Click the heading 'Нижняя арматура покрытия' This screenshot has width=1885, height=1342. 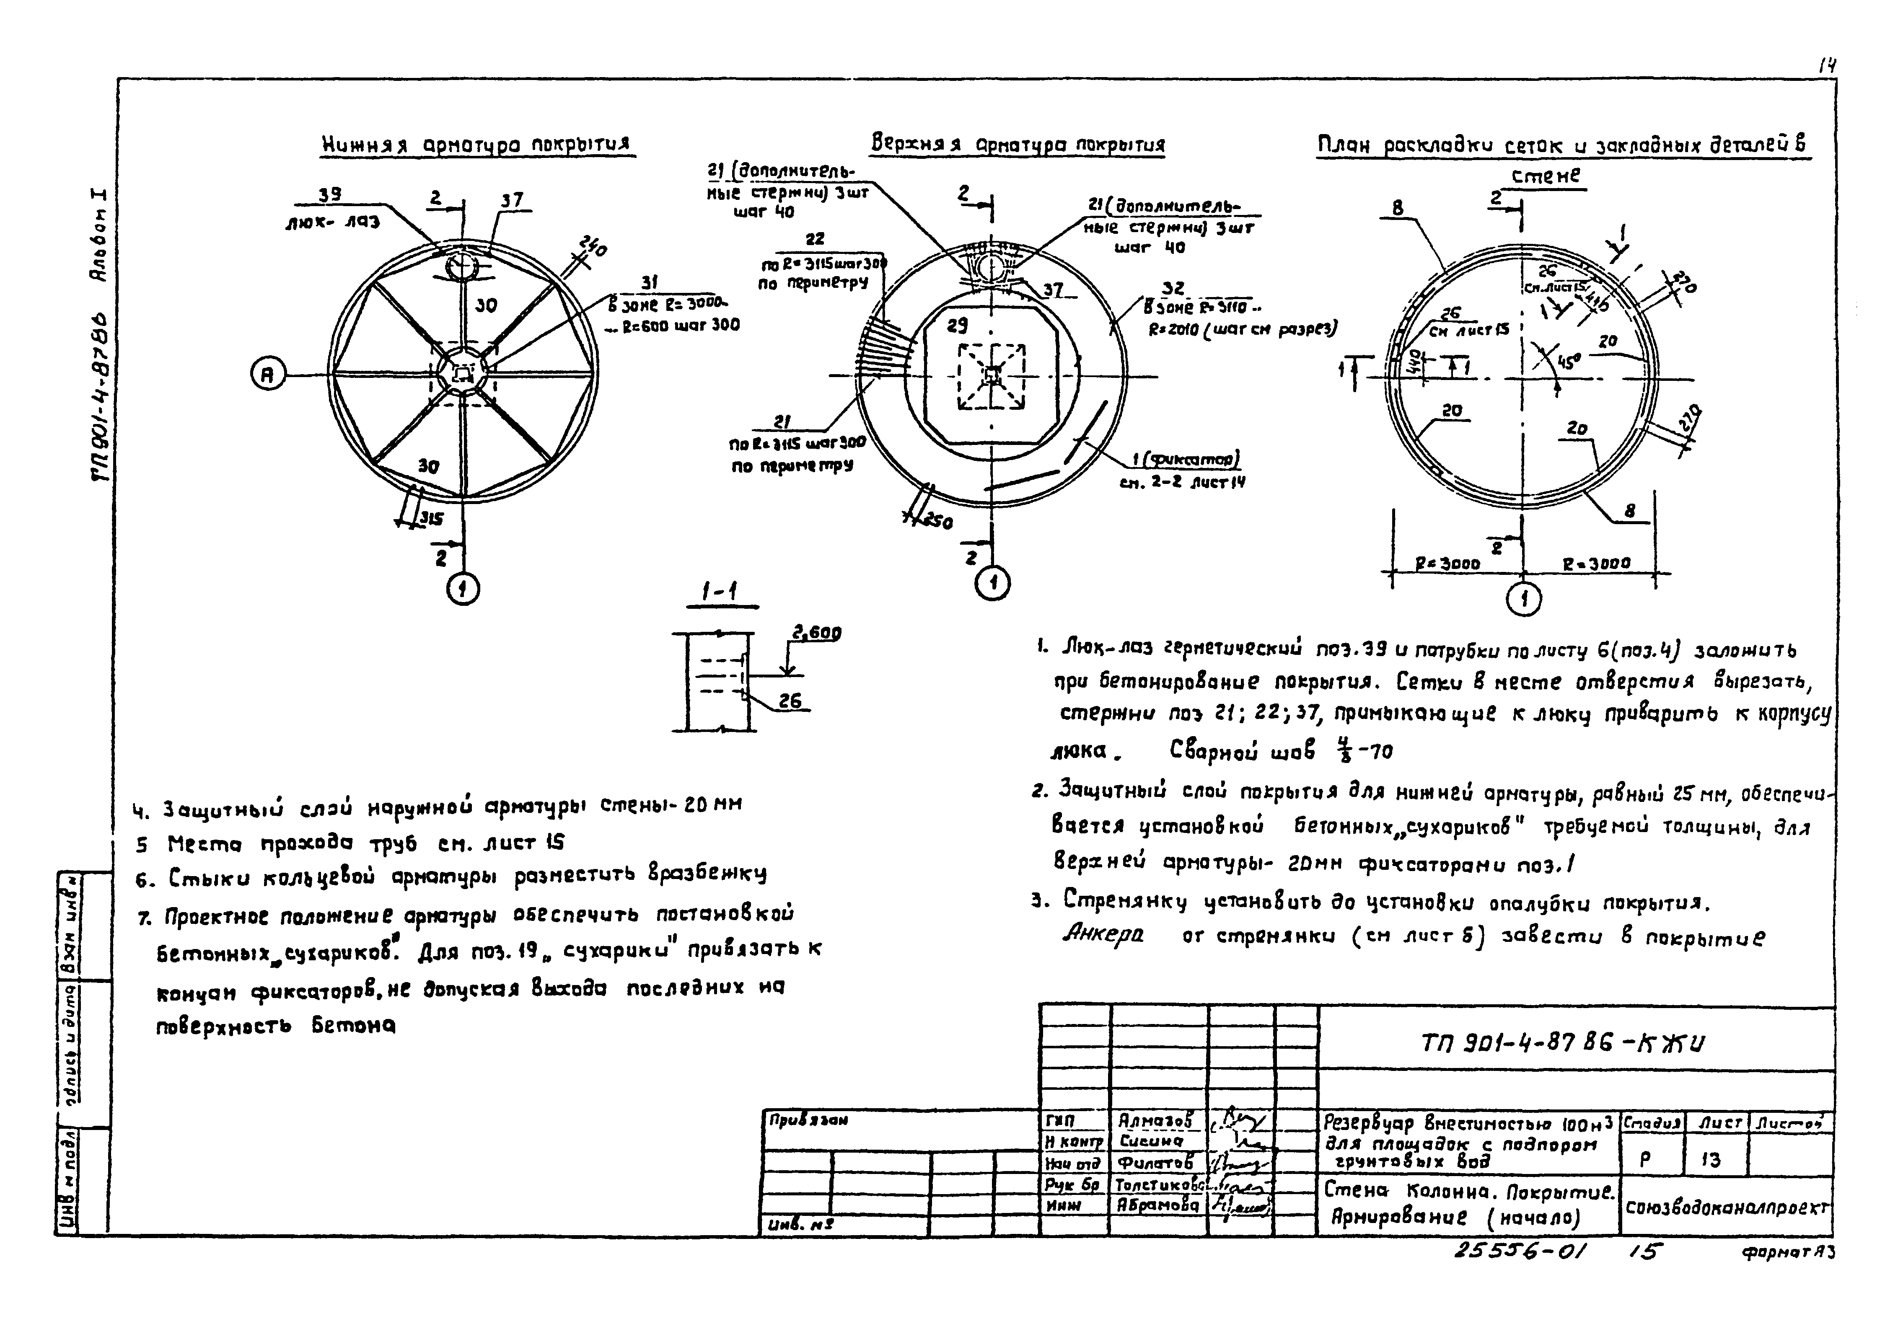(476, 145)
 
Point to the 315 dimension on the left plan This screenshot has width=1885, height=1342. (430, 519)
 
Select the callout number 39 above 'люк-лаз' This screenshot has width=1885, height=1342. (331, 195)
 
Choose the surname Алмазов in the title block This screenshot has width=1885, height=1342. (1155, 1120)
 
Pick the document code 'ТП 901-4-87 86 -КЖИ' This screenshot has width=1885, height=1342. (1562, 1044)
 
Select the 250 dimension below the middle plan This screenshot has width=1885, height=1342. (936, 522)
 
